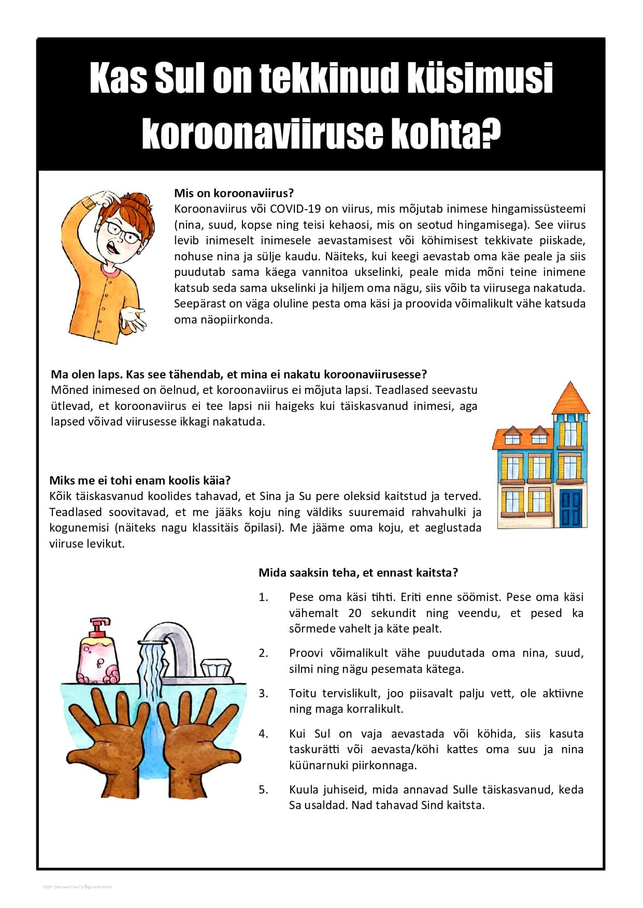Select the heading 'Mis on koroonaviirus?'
pos(234,193)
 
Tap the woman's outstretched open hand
pos(133,318)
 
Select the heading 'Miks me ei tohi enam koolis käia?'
pos(140,480)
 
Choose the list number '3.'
pos(264,693)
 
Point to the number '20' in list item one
pos(355,613)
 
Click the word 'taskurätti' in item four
pos(314,749)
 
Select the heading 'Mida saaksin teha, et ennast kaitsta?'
pos(358,573)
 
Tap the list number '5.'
pos(264,789)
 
